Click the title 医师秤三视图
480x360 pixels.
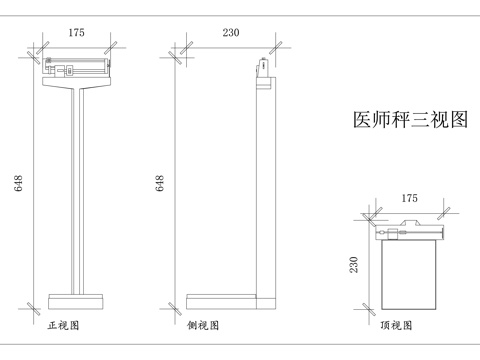tap(411, 121)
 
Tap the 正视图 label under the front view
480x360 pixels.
tap(63, 326)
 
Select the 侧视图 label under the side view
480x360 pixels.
tap(206, 326)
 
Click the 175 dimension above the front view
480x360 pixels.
tap(76, 33)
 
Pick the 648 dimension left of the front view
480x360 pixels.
tap(19, 184)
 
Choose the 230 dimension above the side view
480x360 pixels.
tap(231, 33)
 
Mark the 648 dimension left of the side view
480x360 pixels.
tap(160, 184)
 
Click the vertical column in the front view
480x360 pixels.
tap(76, 190)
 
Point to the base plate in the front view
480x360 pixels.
tap(76, 299)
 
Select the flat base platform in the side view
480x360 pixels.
tap(222, 300)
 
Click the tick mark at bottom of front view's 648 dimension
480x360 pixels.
tap(36, 303)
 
